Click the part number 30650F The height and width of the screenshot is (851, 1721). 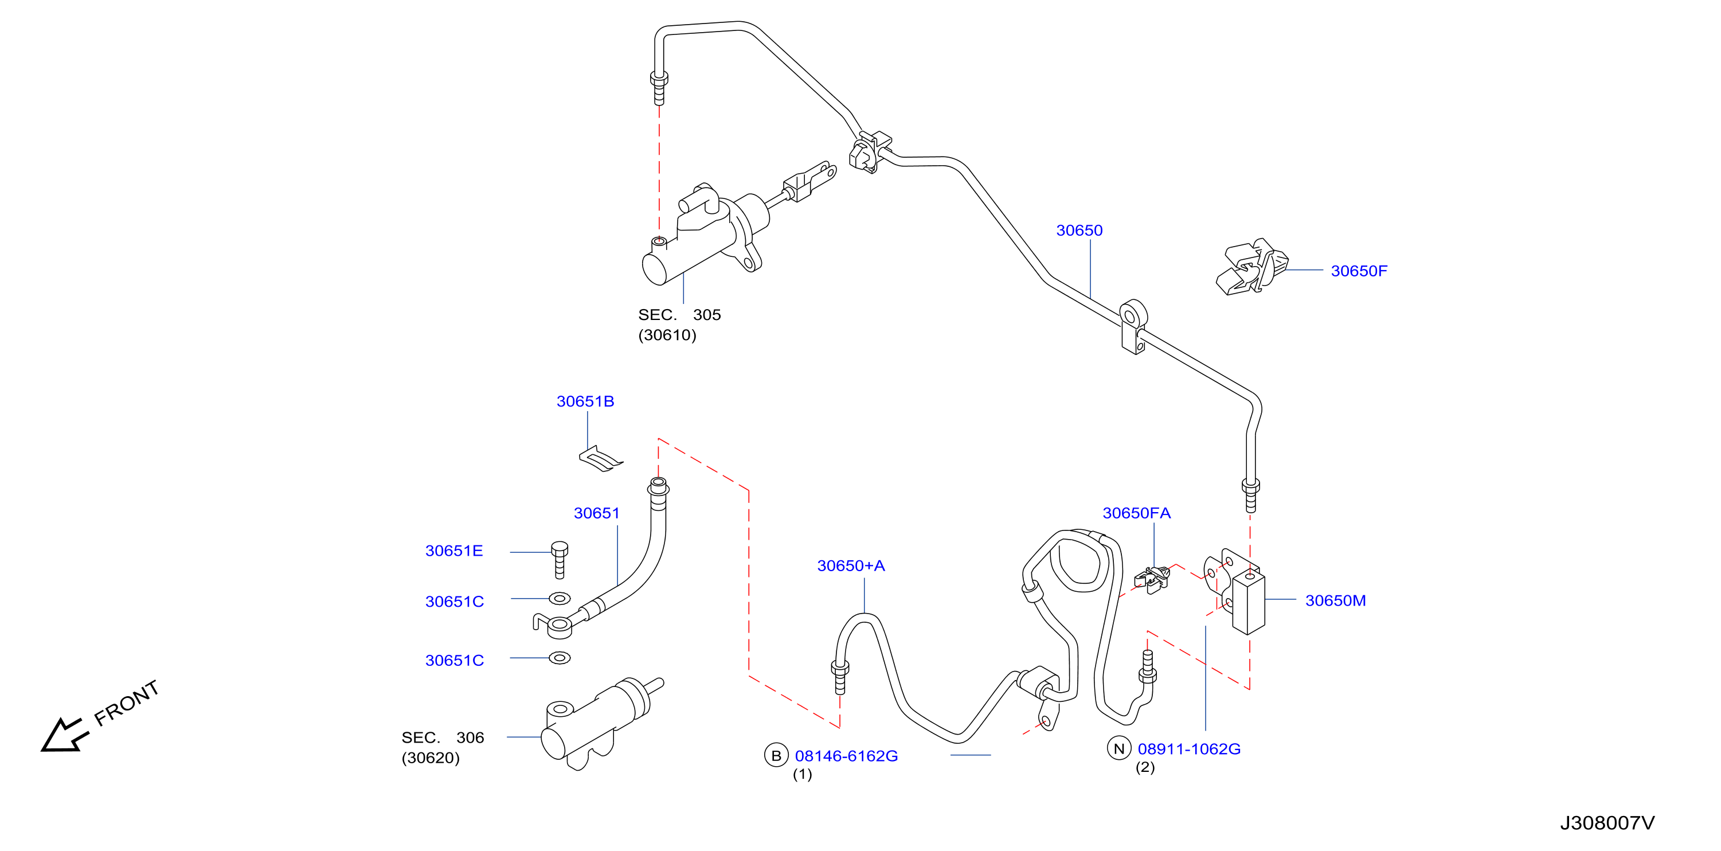[x=1358, y=271]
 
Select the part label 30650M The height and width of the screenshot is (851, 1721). [x=1335, y=600]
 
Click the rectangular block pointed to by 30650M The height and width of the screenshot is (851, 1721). [x=1248, y=602]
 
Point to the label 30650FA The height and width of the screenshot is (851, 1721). [x=1136, y=513]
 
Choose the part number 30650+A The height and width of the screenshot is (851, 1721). [x=851, y=565]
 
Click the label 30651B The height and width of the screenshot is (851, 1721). [x=585, y=401]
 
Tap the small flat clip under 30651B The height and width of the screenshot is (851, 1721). [x=600, y=459]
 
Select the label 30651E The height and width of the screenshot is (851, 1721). [x=453, y=551]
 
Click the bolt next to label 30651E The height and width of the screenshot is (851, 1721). [x=560, y=560]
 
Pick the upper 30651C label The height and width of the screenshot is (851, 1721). [x=454, y=602]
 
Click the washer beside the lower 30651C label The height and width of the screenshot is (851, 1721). [x=560, y=658]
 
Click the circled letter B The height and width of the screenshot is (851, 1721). [x=776, y=755]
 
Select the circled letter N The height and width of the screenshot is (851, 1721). [x=1119, y=748]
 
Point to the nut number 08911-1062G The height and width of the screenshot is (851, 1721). [x=1189, y=749]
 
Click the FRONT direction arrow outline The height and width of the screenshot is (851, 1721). [x=65, y=735]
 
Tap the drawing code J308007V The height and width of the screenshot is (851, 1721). [x=1607, y=823]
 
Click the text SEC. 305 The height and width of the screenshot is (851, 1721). [x=679, y=315]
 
